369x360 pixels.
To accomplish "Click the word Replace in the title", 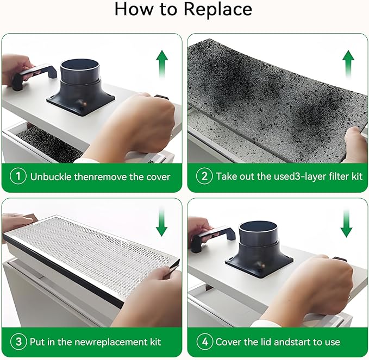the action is click(218, 9).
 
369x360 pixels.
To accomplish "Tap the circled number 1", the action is click(18, 176).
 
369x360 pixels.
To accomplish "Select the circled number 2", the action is click(204, 176).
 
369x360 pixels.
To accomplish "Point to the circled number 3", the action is click(18, 342).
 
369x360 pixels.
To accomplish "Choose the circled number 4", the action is click(204, 342).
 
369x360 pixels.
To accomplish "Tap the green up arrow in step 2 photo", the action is click(348, 64).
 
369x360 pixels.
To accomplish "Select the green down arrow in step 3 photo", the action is click(161, 222).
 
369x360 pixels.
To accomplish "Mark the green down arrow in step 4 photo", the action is click(346, 223).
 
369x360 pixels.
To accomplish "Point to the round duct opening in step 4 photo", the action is click(258, 228).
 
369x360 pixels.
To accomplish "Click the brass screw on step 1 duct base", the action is click(83, 103).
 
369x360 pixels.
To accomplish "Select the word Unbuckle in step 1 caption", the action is click(51, 177).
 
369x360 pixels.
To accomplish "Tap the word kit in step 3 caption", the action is click(155, 342).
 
